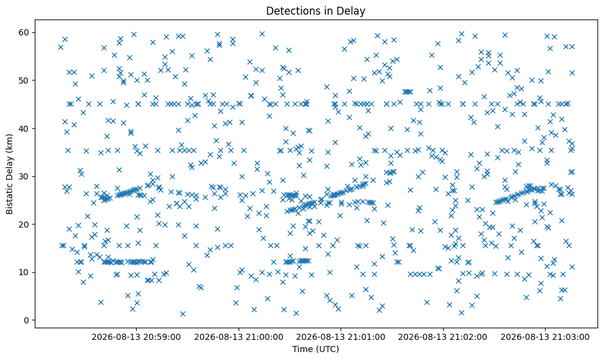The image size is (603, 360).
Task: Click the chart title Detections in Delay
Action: [x=316, y=11]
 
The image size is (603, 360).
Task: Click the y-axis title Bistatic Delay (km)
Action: [x=9, y=175]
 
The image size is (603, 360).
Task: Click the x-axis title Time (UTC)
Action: [x=316, y=349]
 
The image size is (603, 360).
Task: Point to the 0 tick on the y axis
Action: [x=26, y=320]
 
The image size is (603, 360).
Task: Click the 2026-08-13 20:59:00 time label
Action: [x=136, y=337]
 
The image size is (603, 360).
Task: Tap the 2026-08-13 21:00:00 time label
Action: [x=239, y=337]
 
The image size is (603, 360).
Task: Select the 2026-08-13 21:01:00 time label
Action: [x=341, y=337]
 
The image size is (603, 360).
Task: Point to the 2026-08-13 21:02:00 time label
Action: [x=442, y=337]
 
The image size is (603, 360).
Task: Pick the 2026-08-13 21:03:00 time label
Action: [x=545, y=337]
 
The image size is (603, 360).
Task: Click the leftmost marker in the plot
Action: [x=60, y=48]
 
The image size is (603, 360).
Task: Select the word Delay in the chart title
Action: [x=353, y=11]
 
